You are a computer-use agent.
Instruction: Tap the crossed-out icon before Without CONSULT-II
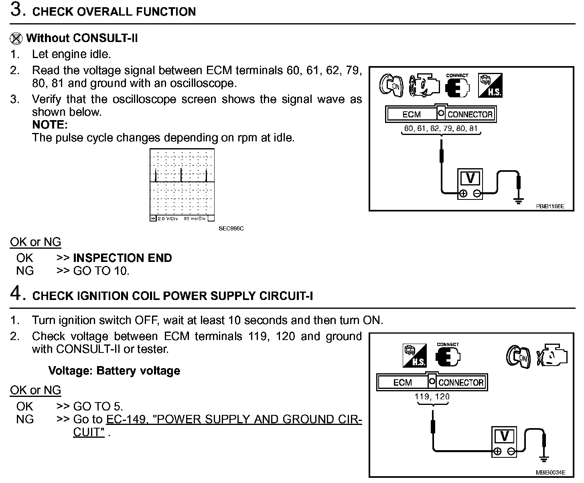click(x=16, y=38)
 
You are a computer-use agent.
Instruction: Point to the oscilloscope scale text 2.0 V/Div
click(x=168, y=219)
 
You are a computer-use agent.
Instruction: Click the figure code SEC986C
click(x=231, y=229)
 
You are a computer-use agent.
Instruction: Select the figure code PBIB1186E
click(x=550, y=206)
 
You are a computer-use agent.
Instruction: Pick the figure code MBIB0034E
click(x=550, y=473)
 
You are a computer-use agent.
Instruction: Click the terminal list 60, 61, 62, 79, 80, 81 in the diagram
click(x=441, y=129)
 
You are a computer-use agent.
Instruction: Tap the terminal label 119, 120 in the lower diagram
click(x=432, y=396)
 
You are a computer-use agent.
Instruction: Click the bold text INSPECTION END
click(x=122, y=258)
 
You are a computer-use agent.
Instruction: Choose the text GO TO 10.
click(x=101, y=271)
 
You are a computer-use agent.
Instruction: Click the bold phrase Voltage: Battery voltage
click(x=114, y=370)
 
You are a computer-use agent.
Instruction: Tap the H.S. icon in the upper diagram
click(x=490, y=85)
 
